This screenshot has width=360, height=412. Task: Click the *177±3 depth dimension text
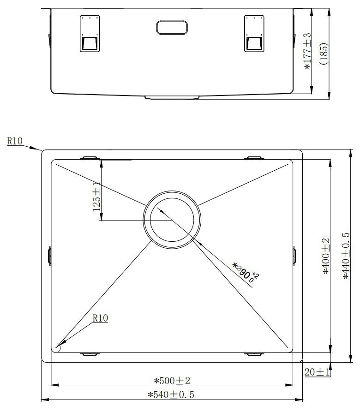coord(308,51)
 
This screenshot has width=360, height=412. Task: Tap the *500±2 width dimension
coord(172,381)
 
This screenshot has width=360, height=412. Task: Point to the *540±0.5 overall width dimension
coord(171,395)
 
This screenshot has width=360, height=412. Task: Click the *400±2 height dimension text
coord(326,256)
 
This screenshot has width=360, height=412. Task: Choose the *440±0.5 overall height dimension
coord(346,256)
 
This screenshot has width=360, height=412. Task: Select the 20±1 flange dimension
coord(317,371)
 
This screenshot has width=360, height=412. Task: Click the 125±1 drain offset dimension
coord(96,197)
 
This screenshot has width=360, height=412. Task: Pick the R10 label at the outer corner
coord(15,141)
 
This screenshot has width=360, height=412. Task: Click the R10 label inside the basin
coord(100,318)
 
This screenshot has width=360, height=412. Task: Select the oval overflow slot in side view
coord(172,27)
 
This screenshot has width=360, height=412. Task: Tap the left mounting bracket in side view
coord(90,34)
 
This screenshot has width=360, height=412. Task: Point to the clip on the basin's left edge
coord(49,256)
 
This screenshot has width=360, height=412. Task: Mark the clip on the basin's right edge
coord(294,256)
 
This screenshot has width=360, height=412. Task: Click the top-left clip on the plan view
coord(90,158)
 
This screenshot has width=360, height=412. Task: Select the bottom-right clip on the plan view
coord(253,354)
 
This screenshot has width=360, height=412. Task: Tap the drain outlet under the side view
coord(172,97)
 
